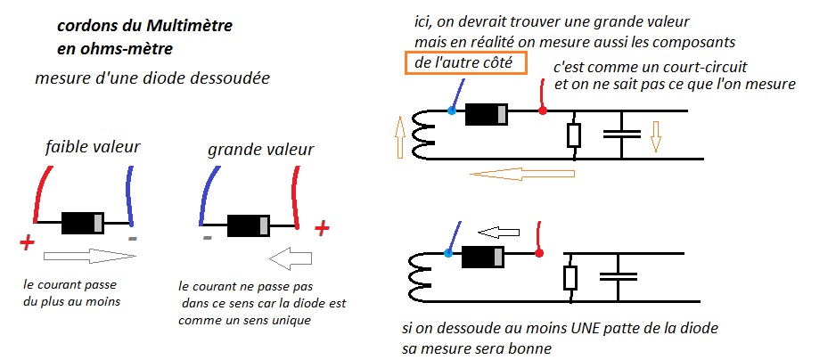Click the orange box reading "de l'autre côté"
coord(469,63)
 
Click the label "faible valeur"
coord(93,147)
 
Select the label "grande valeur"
coord(249,150)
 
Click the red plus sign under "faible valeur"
coord(27,241)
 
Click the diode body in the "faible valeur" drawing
coord(83,223)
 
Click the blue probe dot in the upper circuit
coord(452,110)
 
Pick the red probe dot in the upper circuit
coord(543,110)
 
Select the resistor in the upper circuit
coord(574,135)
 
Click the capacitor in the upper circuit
coord(622,135)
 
